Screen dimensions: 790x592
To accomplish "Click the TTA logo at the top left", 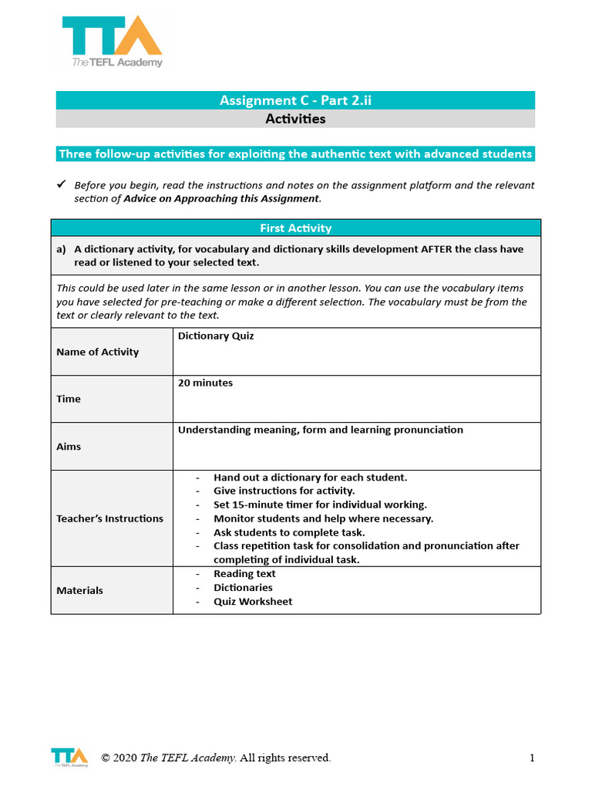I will point(113,42).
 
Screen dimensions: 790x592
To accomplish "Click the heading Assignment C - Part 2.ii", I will point(296,100).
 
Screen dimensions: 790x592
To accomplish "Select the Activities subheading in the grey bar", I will point(296,119).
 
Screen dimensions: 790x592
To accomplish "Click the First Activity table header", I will point(296,228).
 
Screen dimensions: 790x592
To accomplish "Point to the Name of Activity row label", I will point(98,352).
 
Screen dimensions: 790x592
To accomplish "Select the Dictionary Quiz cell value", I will point(216,336).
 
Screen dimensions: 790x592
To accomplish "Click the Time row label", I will point(69,399).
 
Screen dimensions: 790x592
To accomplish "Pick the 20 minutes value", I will point(205,383).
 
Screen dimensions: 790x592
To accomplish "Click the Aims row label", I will point(69,447).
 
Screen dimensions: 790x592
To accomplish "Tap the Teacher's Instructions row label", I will point(109,518).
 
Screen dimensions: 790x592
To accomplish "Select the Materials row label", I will point(79,590).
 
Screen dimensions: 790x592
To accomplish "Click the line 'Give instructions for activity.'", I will point(284,491).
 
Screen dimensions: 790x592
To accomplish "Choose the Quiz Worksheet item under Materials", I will point(253,602).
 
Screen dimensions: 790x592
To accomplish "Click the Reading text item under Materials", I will point(244,574).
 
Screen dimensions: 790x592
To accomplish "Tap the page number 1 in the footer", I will point(532,758).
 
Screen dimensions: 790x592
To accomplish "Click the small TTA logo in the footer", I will point(69,757).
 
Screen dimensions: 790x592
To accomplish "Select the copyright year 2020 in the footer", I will point(125,758).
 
